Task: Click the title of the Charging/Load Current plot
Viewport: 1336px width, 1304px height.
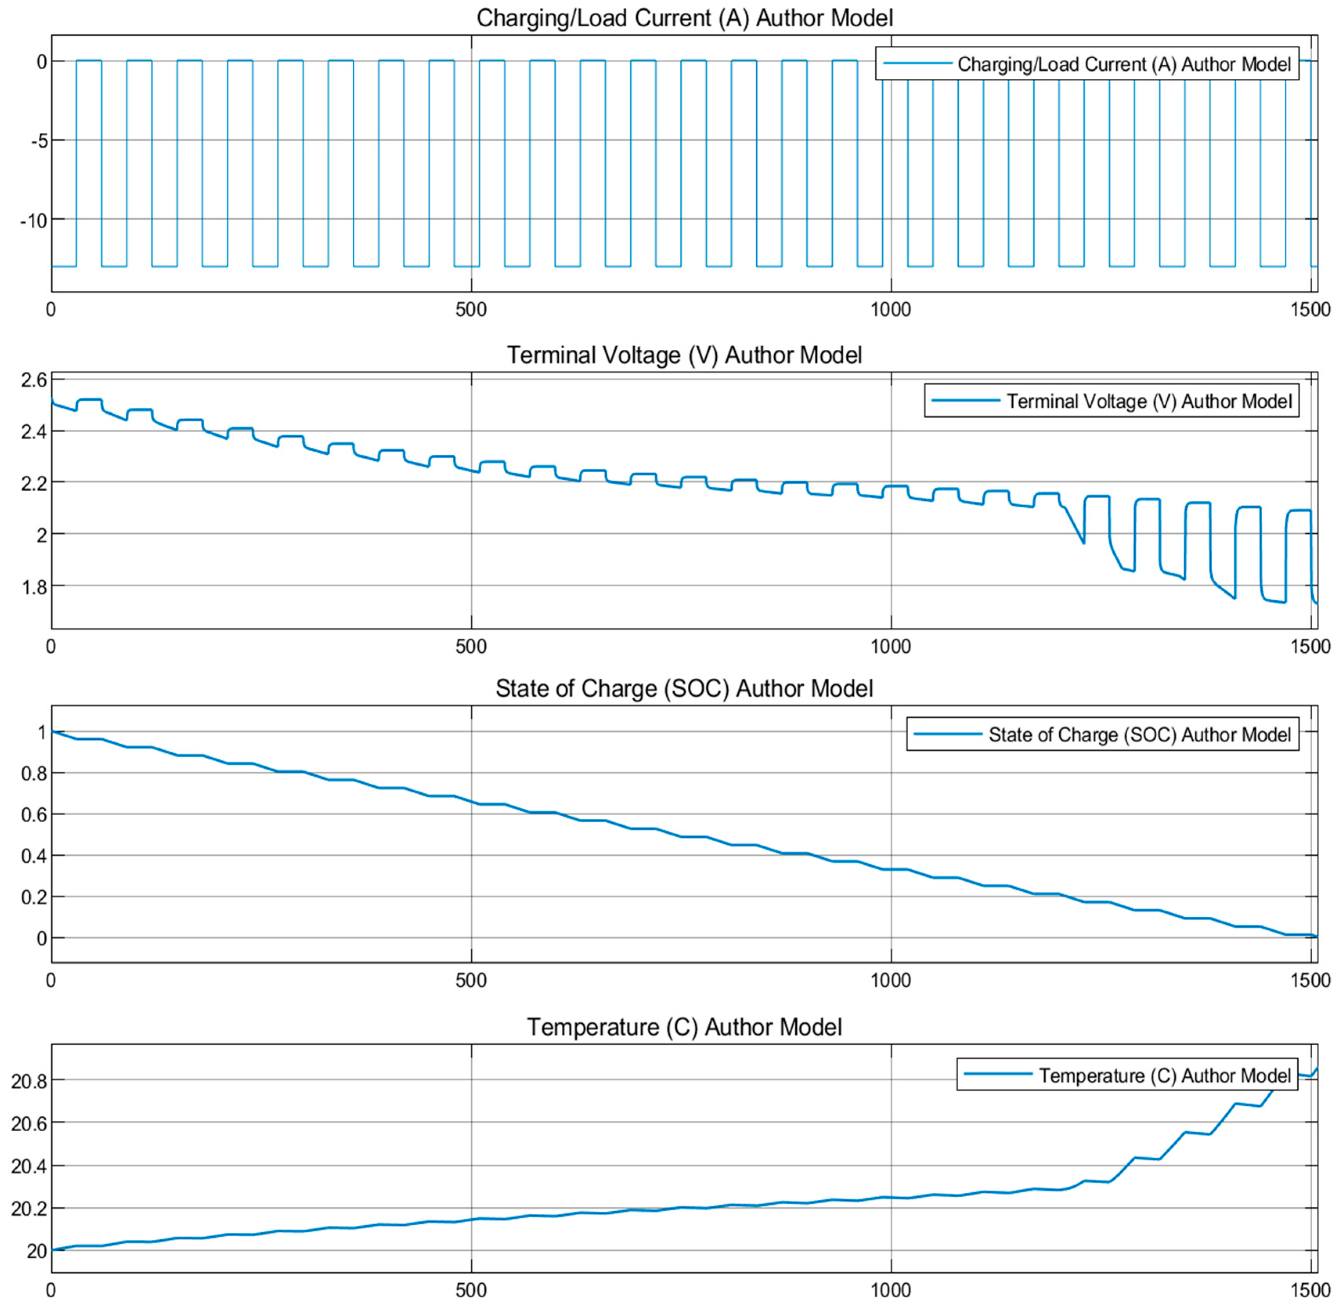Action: pos(684,18)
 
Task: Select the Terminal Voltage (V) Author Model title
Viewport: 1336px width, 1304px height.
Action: pos(684,355)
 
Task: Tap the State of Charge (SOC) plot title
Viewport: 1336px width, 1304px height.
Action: pos(684,688)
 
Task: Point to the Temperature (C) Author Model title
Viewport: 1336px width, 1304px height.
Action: pos(684,1027)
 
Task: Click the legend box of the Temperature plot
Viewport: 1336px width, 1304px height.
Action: pos(1127,1075)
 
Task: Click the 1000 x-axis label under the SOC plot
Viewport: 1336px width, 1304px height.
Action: pos(890,980)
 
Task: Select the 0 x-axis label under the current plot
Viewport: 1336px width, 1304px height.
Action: pos(51,310)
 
